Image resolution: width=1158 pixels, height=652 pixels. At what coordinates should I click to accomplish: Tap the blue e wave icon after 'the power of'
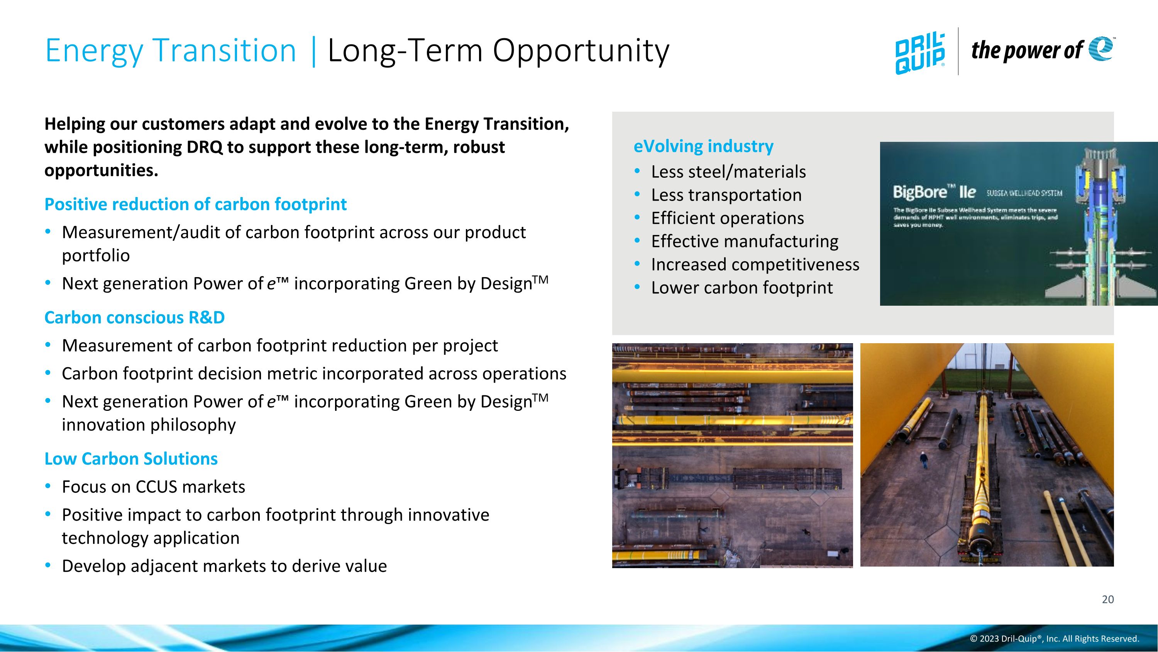click(x=1101, y=49)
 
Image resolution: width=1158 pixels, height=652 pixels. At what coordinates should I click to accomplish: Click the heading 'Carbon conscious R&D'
click(x=134, y=318)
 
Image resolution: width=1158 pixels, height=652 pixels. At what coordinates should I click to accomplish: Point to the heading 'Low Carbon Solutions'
click(x=131, y=458)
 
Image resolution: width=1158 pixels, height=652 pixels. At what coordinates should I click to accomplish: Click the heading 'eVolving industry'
click(x=703, y=146)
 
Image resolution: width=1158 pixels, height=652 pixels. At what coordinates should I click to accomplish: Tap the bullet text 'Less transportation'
click(x=726, y=195)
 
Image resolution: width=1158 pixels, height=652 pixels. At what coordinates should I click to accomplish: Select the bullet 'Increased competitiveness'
click(x=755, y=265)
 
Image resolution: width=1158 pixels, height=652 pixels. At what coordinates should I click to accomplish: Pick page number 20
click(x=1108, y=599)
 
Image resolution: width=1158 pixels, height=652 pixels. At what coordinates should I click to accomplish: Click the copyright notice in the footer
click(x=1054, y=639)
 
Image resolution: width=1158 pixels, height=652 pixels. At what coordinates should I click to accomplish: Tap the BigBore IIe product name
click(x=934, y=192)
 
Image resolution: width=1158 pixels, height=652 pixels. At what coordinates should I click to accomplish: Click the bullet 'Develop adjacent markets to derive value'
click(x=224, y=566)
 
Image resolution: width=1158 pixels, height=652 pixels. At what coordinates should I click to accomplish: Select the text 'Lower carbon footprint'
click(x=742, y=288)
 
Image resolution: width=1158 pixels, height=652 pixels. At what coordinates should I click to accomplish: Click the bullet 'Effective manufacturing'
click(x=745, y=242)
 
